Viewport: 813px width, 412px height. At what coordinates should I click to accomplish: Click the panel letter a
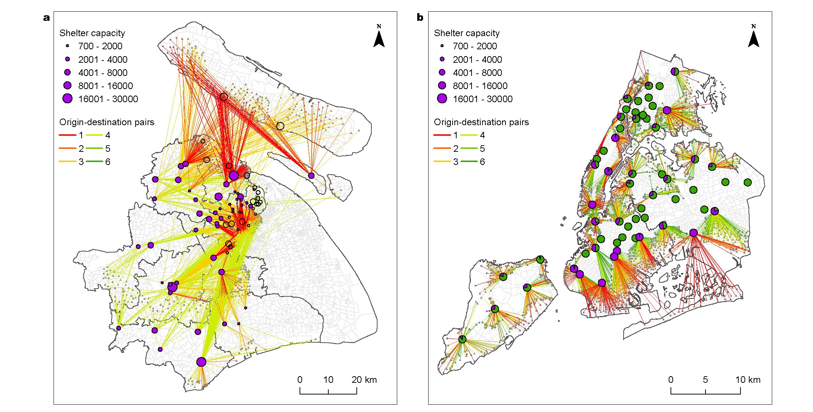pyautogui.click(x=46, y=18)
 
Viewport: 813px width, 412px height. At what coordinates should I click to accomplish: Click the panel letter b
pyautogui.click(x=420, y=18)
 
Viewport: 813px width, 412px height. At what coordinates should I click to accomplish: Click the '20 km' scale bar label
pyautogui.click(x=364, y=380)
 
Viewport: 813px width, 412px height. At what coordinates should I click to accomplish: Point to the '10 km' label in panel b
pyautogui.click(x=748, y=380)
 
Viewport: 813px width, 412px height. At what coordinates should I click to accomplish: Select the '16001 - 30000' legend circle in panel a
pyautogui.click(x=67, y=99)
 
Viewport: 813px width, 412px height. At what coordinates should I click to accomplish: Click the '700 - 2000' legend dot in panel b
pyautogui.click(x=442, y=46)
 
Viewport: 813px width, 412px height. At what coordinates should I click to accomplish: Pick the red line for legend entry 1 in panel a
pyautogui.click(x=67, y=135)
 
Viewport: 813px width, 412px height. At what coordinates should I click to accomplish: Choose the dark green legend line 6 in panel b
pyautogui.click(x=469, y=162)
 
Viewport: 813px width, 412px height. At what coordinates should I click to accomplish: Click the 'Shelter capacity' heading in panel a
pyautogui.click(x=92, y=33)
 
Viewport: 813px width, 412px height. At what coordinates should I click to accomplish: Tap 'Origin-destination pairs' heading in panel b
pyautogui.click(x=481, y=122)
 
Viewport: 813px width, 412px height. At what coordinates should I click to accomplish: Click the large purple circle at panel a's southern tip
pyautogui.click(x=201, y=362)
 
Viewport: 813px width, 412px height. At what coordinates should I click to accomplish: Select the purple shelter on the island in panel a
pyautogui.click(x=311, y=176)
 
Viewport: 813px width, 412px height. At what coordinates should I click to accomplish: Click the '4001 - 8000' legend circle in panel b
pyautogui.click(x=442, y=72)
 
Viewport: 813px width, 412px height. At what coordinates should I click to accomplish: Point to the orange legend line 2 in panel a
pyautogui.click(x=67, y=149)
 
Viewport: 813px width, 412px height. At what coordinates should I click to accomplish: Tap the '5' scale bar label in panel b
pyautogui.click(x=705, y=380)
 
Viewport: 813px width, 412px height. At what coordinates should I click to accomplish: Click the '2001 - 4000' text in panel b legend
pyautogui.click(x=477, y=59)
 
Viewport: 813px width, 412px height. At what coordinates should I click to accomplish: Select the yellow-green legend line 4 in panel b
pyautogui.click(x=469, y=135)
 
